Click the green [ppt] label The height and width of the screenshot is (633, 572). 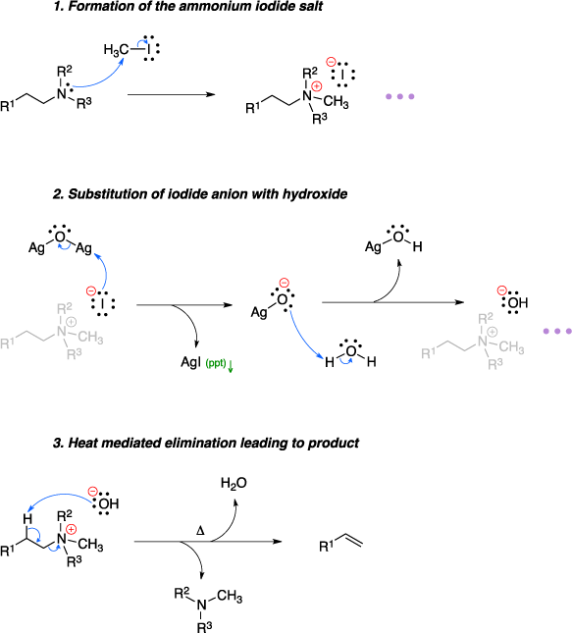click(x=215, y=363)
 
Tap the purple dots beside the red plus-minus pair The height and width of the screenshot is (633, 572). click(x=399, y=96)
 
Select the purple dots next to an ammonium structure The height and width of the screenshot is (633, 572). click(x=556, y=331)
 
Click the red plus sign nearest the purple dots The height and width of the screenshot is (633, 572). click(x=316, y=86)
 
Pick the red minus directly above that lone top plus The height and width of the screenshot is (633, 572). click(x=331, y=62)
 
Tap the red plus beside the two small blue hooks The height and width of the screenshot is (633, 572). click(x=71, y=529)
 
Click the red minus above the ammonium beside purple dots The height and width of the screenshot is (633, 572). click(x=501, y=290)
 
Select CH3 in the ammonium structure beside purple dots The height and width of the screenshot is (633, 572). click(x=511, y=347)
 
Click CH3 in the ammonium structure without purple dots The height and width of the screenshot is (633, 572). click(x=90, y=338)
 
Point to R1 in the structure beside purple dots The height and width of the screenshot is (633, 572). click(x=429, y=353)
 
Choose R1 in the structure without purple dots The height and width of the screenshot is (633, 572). click(x=8, y=343)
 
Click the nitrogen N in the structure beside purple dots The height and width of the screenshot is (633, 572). click(x=482, y=342)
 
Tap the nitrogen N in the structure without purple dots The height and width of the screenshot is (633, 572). click(x=61, y=332)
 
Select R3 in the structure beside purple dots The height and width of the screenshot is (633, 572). click(x=494, y=364)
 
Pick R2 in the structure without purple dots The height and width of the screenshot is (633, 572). click(x=64, y=308)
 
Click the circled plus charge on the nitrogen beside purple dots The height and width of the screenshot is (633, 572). click(x=493, y=332)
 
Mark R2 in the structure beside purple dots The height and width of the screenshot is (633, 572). click(x=485, y=318)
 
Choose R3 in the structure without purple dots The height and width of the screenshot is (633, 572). click(x=74, y=354)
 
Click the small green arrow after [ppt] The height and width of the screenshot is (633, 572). click(x=231, y=367)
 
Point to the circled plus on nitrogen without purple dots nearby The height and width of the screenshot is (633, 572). click(x=71, y=322)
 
